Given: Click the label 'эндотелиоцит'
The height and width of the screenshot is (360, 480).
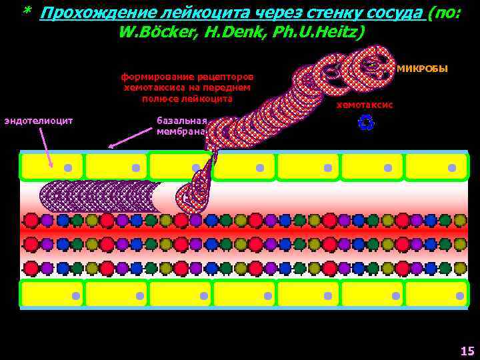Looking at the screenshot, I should coord(38,121).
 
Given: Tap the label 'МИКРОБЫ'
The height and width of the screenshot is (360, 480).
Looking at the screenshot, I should coord(422,69).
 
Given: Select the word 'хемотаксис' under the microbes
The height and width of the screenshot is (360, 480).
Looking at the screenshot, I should coord(364,105).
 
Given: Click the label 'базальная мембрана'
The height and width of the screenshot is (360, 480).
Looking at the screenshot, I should coord(182,126).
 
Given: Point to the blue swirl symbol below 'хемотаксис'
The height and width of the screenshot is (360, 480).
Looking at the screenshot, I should coord(366,123).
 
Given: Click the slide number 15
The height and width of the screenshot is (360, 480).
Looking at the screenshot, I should coord(467,351).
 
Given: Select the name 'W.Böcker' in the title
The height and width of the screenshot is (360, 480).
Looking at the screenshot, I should coord(155,32).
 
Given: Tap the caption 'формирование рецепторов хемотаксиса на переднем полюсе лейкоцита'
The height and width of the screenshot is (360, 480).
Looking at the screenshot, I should coord(187,87).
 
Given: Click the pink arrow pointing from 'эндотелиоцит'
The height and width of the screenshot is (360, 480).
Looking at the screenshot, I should coord(45,147).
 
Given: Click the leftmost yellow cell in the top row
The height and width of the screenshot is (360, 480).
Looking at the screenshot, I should coord(52,167).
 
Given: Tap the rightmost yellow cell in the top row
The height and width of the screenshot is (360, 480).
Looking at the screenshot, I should coord(436,167).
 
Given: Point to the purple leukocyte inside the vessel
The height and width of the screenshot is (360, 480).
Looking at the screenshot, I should coord(100,197).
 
